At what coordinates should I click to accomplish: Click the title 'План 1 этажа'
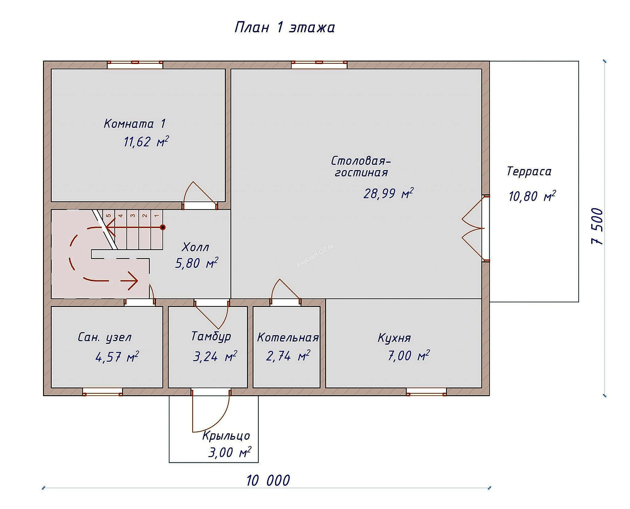tap(285, 28)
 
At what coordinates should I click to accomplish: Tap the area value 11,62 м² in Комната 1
tap(146, 142)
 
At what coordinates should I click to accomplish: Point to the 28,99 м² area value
tap(388, 194)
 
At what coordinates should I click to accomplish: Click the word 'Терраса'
tap(529, 171)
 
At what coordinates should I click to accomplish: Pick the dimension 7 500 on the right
tap(597, 226)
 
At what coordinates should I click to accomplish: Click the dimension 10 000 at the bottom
tap(268, 481)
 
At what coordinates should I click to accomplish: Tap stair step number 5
tap(109, 215)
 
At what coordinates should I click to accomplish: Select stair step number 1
tap(157, 215)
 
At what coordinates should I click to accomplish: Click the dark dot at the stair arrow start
tap(163, 228)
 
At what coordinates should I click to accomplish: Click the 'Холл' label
tap(195, 247)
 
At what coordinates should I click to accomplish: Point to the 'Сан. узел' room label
tap(105, 337)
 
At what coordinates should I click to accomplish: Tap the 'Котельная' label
tap(288, 338)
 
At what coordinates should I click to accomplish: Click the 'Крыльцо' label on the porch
tap(226, 436)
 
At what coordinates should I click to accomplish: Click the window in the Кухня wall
tap(426, 392)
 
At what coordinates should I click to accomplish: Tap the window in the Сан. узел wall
tap(102, 392)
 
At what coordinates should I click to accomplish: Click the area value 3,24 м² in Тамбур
tap(215, 357)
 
